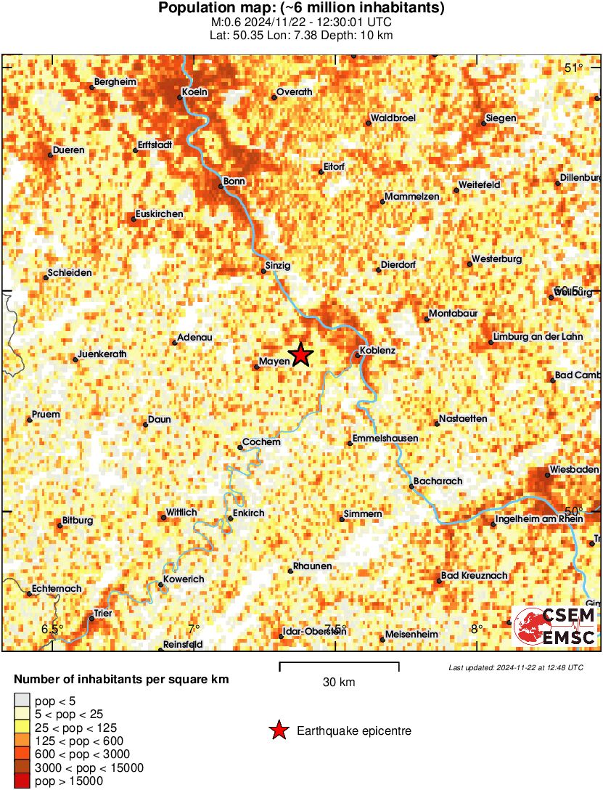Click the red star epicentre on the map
tap(300, 355)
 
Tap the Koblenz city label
tap(377, 351)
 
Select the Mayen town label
tap(274, 362)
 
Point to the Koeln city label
tap(195, 92)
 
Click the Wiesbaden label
tap(574, 470)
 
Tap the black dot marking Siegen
tap(484, 125)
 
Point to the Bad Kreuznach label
tap(475, 576)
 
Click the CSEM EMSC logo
tap(555, 627)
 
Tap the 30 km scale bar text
tap(339, 683)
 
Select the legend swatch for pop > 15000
tap(22, 781)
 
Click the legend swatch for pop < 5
tap(22, 701)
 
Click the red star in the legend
tap(278, 731)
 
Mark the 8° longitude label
tap(476, 629)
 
